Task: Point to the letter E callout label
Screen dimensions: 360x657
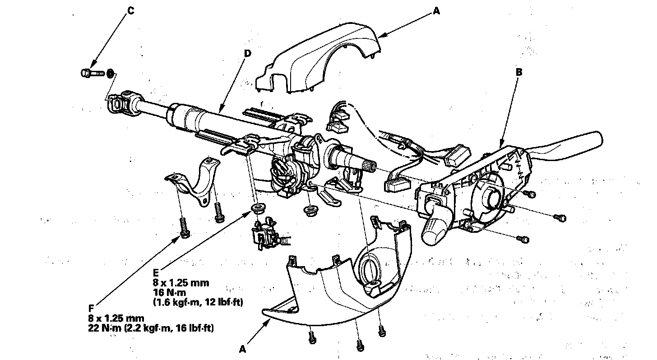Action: click(x=156, y=272)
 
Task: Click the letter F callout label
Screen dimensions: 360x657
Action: click(x=92, y=308)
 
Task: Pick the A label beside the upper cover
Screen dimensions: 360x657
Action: click(x=436, y=12)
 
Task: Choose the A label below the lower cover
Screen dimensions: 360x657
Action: click(x=243, y=349)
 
